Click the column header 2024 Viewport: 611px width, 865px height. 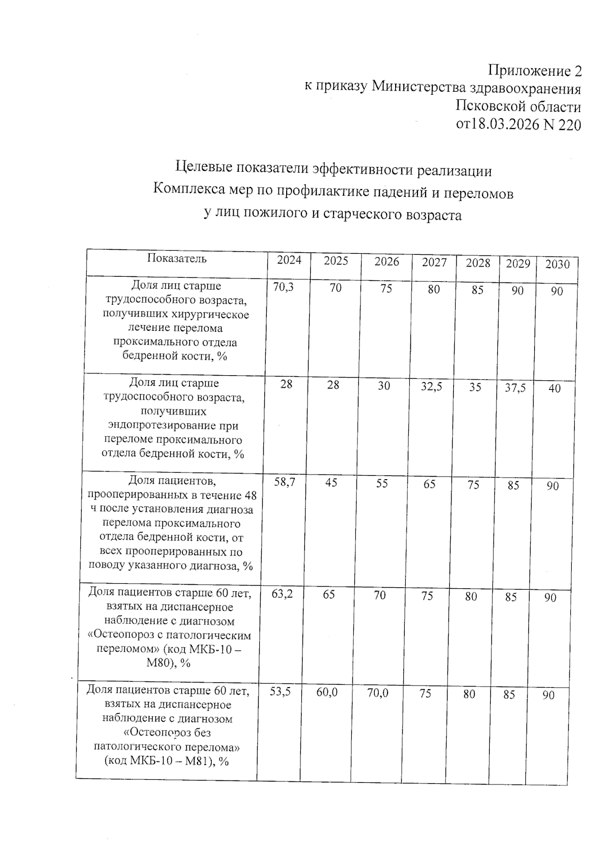coord(289,260)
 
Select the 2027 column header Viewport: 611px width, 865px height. coord(434,262)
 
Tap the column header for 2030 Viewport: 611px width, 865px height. coord(557,264)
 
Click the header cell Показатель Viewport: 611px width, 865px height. coord(177,258)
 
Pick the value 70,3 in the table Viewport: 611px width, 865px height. coord(283,287)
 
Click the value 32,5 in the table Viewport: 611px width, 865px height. coord(431,387)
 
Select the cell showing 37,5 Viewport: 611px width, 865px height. coord(515,388)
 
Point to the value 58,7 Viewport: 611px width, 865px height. coord(285,482)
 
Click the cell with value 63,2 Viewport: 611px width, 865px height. coord(282,593)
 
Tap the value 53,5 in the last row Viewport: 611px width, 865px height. coord(280,692)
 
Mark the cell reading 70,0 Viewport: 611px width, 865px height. coord(377,693)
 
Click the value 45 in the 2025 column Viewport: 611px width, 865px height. coord(331,482)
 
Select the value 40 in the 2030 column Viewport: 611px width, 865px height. coord(554,389)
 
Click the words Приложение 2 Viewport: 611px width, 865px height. coord(535,70)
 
